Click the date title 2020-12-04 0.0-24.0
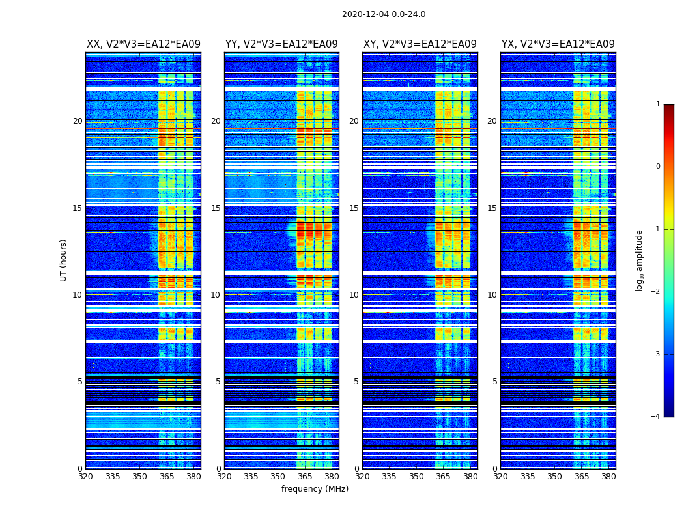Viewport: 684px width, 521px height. click(384, 14)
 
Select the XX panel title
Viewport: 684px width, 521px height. click(143, 44)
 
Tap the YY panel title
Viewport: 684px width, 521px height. click(281, 44)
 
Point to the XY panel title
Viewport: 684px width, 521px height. click(420, 44)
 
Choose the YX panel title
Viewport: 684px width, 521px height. click(558, 44)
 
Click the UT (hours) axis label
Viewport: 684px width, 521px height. click(64, 260)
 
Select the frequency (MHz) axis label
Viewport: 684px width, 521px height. click(315, 489)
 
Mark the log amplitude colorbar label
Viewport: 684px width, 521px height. click(640, 260)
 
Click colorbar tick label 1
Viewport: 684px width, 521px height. click(658, 104)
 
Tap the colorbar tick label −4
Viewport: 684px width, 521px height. click(655, 417)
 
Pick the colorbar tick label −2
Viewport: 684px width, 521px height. click(655, 292)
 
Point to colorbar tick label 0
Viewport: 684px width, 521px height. click(658, 167)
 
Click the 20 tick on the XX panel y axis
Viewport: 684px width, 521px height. click(78, 121)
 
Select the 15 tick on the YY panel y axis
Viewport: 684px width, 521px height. click(216, 208)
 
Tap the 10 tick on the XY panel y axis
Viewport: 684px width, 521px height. click(354, 295)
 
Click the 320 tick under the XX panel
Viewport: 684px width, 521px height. click(85, 476)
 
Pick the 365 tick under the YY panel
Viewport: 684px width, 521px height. click(305, 476)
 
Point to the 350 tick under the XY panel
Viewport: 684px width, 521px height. click(416, 476)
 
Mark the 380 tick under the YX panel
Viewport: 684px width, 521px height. click(608, 476)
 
